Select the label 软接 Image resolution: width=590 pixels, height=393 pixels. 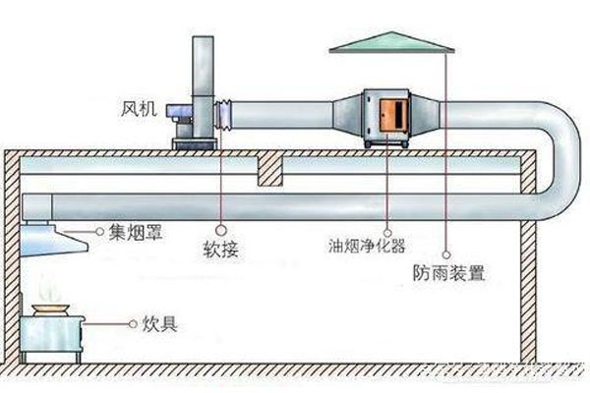pyautogui.click(x=223, y=251)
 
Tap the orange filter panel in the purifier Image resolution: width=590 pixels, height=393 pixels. pyautogui.click(x=390, y=114)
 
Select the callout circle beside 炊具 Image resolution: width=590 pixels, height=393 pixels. pyautogui.click(x=132, y=321)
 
